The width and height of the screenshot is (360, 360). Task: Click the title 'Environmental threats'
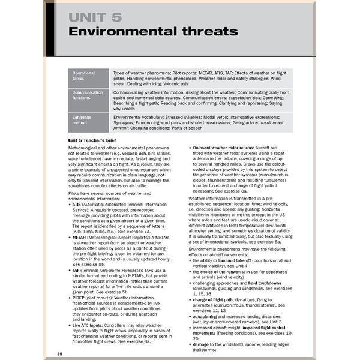pyautogui.click(x=152, y=31)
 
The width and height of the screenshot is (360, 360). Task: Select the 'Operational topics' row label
pyautogui.click(x=83, y=76)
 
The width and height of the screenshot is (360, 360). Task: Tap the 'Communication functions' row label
pyautogui.click(x=88, y=95)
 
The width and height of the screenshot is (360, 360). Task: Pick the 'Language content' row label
pyautogui.click(x=82, y=119)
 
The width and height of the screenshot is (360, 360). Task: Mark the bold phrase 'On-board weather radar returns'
pyautogui.click(x=229, y=147)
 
